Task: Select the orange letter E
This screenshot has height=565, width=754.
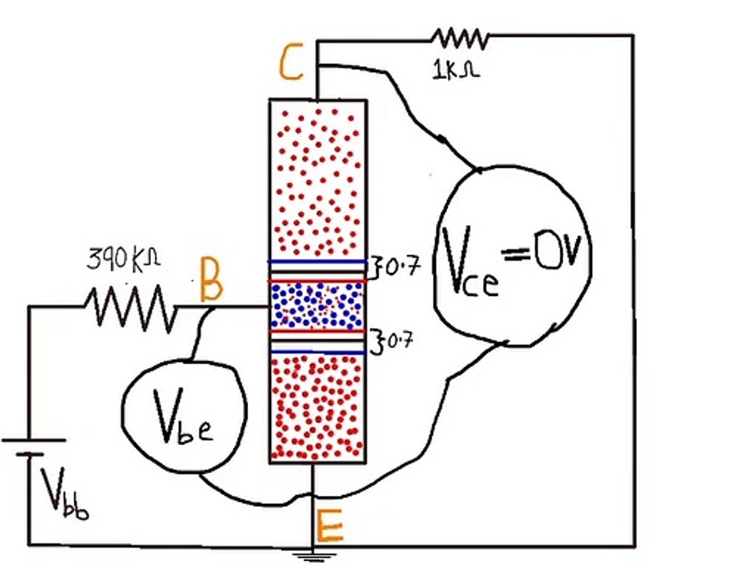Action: [329, 526]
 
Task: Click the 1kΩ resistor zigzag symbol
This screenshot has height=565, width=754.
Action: [459, 38]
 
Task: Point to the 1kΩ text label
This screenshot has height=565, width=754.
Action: [456, 71]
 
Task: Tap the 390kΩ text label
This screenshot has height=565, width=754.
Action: [123, 259]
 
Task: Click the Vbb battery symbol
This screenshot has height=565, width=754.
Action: [33, 447]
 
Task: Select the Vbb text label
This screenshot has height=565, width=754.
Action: [64, 494]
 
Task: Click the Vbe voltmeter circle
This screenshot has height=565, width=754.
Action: [123, 414]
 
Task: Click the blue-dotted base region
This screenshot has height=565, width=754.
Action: [317, 306]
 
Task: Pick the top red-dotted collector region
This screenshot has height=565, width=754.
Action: [317, 180]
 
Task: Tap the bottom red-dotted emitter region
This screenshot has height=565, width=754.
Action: [317, 408]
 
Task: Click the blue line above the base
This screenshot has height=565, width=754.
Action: [317, 262]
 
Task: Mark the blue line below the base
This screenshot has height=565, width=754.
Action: [317, 352]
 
